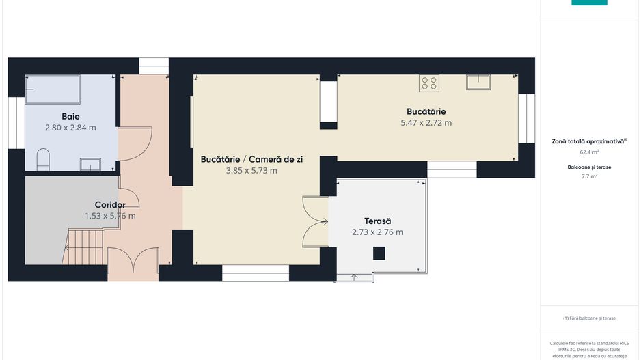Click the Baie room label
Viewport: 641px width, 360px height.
tap(70, 116)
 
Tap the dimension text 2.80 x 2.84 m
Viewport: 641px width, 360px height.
tap(70, 128)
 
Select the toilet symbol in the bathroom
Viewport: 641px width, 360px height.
tap(43, 159)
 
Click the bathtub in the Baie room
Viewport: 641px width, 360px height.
tap(53, 89)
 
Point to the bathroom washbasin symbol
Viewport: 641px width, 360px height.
tap(90, 164)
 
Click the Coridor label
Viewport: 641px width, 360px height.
tap(110, 205)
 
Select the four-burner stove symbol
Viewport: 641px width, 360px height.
tap(429, 83)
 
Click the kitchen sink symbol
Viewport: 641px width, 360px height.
tap(478, 82)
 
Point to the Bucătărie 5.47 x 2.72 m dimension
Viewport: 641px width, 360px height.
tap(426, 122)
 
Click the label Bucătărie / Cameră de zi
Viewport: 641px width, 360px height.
tap(251, 159)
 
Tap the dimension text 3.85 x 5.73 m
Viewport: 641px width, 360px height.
tap(251, 170)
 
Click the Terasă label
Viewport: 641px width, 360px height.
tap(377, 221)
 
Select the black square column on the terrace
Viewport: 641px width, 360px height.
tap(379, 253)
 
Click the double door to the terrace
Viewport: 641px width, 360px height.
tap(316, 222)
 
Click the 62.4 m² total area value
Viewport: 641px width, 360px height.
tap(589, 152)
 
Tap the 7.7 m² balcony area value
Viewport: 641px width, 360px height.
tap(589, 176)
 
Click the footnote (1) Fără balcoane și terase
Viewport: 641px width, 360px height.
tap(589, 318)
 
